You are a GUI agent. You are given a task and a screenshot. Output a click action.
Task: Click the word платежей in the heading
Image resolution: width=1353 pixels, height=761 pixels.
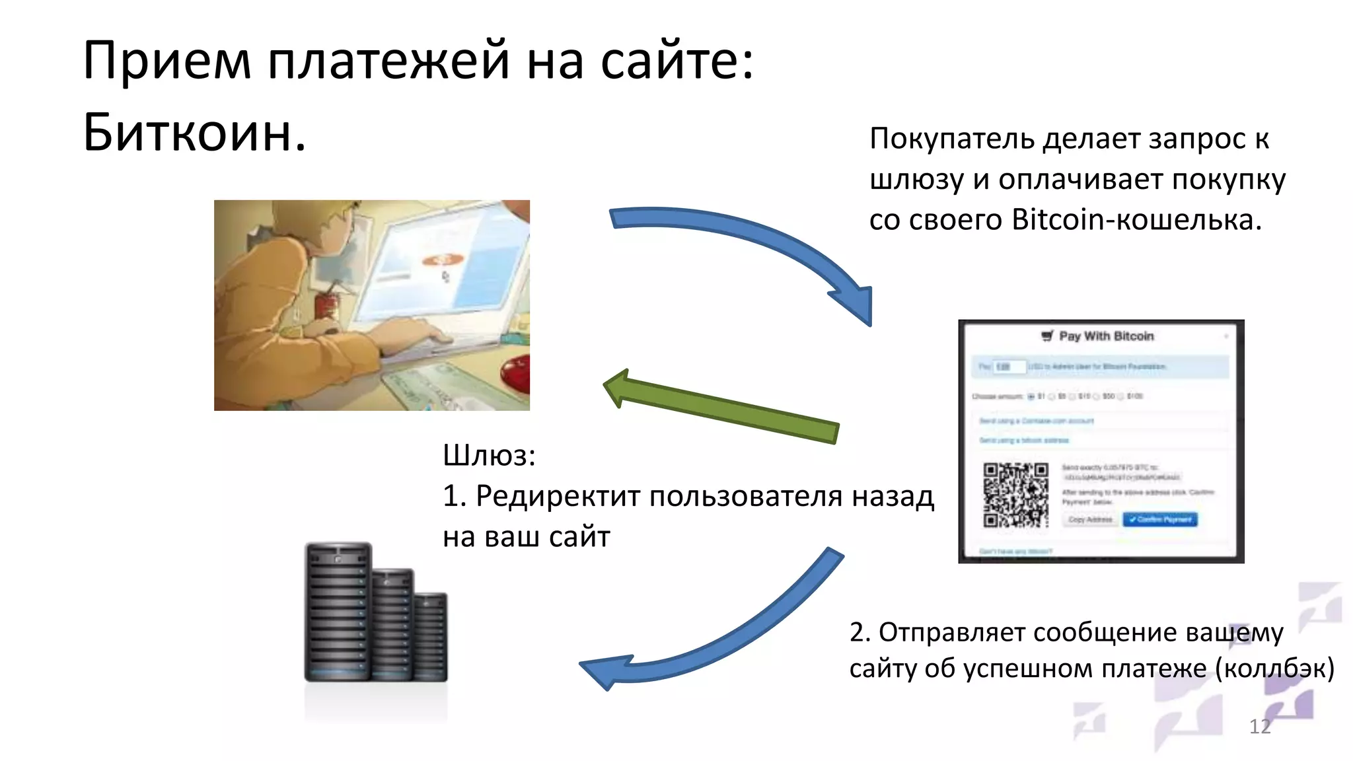pyautogui.click(x=388, y=61)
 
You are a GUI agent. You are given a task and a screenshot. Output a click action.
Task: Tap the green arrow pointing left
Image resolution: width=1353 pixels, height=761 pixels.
pyautogui.click(x=720, y=406)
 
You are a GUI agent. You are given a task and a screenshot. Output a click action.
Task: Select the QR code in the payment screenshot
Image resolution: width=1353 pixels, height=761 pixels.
pyautogui.click(x=1015, y=495)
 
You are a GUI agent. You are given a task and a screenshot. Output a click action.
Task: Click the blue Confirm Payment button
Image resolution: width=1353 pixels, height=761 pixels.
pyautogui.click(x=1160, y=520)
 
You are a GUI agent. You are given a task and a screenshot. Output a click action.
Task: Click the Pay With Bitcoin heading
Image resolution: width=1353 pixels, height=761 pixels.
pyautogui.click(x=1105, y=336)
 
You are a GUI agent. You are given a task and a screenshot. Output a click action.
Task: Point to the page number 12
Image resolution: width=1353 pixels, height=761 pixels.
pyautogui.click(x=1259, y=727)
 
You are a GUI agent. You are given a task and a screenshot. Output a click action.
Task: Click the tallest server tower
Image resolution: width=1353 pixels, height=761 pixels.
pyautogui.click(x=338, y=611)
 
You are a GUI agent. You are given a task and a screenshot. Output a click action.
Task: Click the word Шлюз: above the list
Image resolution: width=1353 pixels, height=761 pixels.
pyautogui.click(x=489, y=456)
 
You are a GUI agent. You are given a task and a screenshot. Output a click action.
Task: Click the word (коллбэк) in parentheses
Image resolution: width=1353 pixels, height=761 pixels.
pyautogui.click(x=1274, y=669)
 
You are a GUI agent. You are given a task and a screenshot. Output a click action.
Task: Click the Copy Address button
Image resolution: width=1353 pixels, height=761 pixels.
pyautogui.click(x=1090, y=520)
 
